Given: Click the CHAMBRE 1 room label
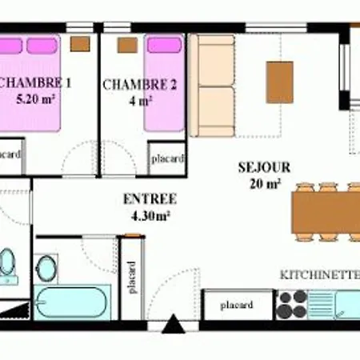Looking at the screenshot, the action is click(34, 83).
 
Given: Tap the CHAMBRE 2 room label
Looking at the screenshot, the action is click(140, 85).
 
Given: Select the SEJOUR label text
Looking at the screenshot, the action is click(264, 167).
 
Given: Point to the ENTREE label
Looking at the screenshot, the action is click(150, 199).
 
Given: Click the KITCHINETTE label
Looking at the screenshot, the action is click(320, 275).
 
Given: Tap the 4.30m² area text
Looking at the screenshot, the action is click(151, 216).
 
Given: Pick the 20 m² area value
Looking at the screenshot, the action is click(265, 183).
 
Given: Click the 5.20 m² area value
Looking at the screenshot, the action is click(36, 99).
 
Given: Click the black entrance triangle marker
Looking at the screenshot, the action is click(174, 323).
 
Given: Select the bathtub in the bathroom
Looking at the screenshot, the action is click(72, 302).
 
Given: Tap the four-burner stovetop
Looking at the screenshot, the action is click(291, 305).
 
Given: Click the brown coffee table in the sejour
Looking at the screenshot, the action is click(280, 82).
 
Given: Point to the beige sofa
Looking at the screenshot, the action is click(212, 86).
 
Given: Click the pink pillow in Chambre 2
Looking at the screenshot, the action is click(165, 45).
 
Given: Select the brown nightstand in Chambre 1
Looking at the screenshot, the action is click(80, 44).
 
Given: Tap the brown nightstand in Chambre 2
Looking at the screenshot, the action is click(127, 45).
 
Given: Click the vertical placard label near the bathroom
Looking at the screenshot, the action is click(131, 278).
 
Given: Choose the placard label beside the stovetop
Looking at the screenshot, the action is click(237, 305).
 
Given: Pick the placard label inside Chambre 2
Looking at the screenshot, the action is click(168, 159).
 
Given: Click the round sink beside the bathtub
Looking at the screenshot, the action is click(46, 268).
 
